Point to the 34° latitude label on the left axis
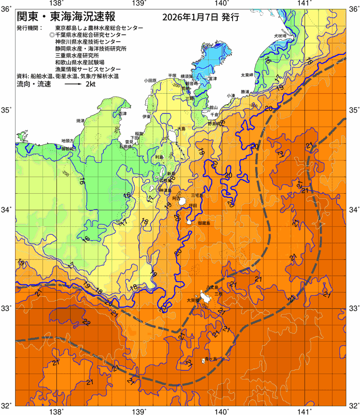[7, 210]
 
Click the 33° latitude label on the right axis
[353, 308]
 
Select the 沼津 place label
[122, 113]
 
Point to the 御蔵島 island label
[204, 223]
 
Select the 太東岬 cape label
[247, 75]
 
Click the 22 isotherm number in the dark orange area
[86, 322]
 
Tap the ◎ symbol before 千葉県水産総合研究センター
[51, 35]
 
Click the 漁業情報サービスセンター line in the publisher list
[86, 68]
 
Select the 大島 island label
[181, 129]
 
